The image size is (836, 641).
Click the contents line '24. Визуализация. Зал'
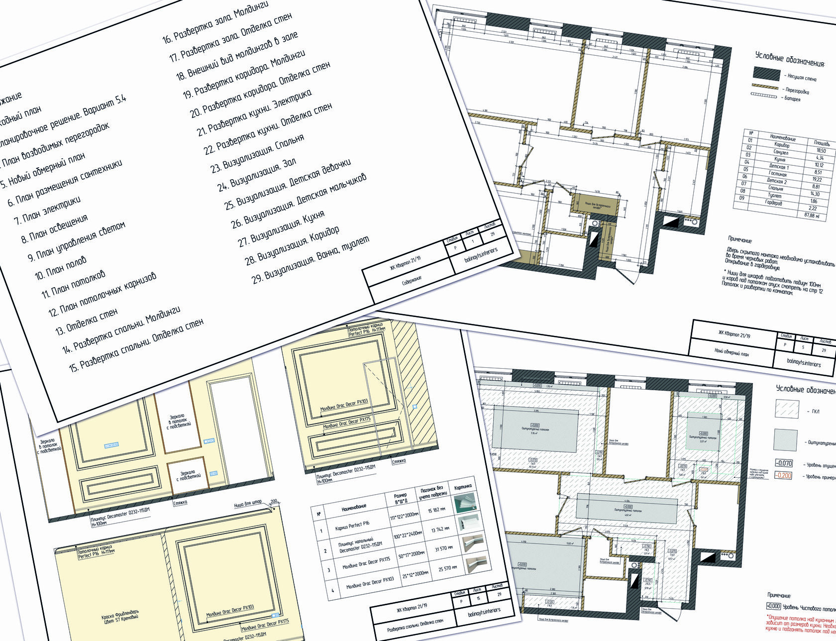click(x=257, y=173)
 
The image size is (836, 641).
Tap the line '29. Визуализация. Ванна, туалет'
click(x=311, y=259)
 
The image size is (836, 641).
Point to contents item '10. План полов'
click(x=60, y=267)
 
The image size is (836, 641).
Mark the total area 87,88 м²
click(x=812, y=215)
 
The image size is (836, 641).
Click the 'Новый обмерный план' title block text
click(x=731, y=352)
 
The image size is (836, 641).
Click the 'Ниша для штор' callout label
click(x=247, y=505)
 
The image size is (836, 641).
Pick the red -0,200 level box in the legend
click(x=783, y=475)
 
